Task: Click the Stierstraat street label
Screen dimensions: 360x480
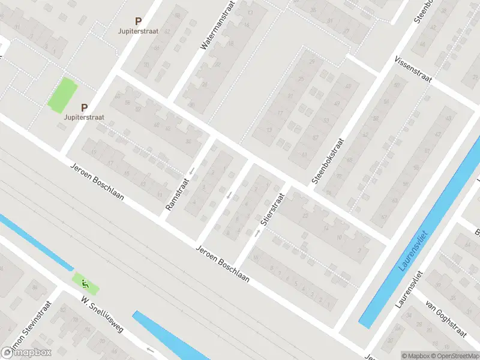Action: point(271,209)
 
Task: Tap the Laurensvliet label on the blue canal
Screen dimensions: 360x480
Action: point(412,251)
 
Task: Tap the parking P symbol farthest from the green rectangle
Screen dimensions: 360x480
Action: point(138,20)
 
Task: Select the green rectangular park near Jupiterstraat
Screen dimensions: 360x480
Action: point(62,95)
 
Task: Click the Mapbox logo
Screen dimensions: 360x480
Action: point(26,353)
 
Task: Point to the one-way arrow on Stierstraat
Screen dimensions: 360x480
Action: point(257,233)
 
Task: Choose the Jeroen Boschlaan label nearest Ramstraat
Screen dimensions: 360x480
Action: point(97,182)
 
